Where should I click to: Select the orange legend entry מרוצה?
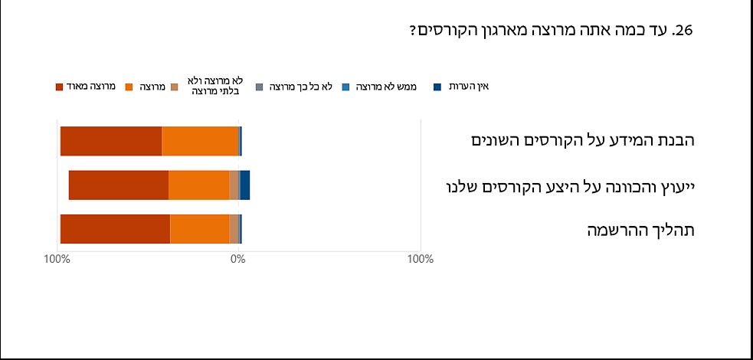tap(151, 87)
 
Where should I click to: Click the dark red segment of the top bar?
tap(111, 141)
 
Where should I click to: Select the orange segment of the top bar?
tap(200, 141)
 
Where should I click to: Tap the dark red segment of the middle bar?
tap(119, 185)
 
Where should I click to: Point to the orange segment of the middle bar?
tap(198, 185)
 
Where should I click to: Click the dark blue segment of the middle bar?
tap(245, 185)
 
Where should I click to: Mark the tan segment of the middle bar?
tap(234, 185)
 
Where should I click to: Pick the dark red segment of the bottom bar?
tap(115, 229)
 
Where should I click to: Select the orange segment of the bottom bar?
tap(199, 229)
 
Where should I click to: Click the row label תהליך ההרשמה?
tap(640, 230)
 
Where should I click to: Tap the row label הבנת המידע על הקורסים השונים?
tap(582, 141)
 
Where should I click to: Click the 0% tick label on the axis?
tap(238, 259)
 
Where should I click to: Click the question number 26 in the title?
tap(682, 31)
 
